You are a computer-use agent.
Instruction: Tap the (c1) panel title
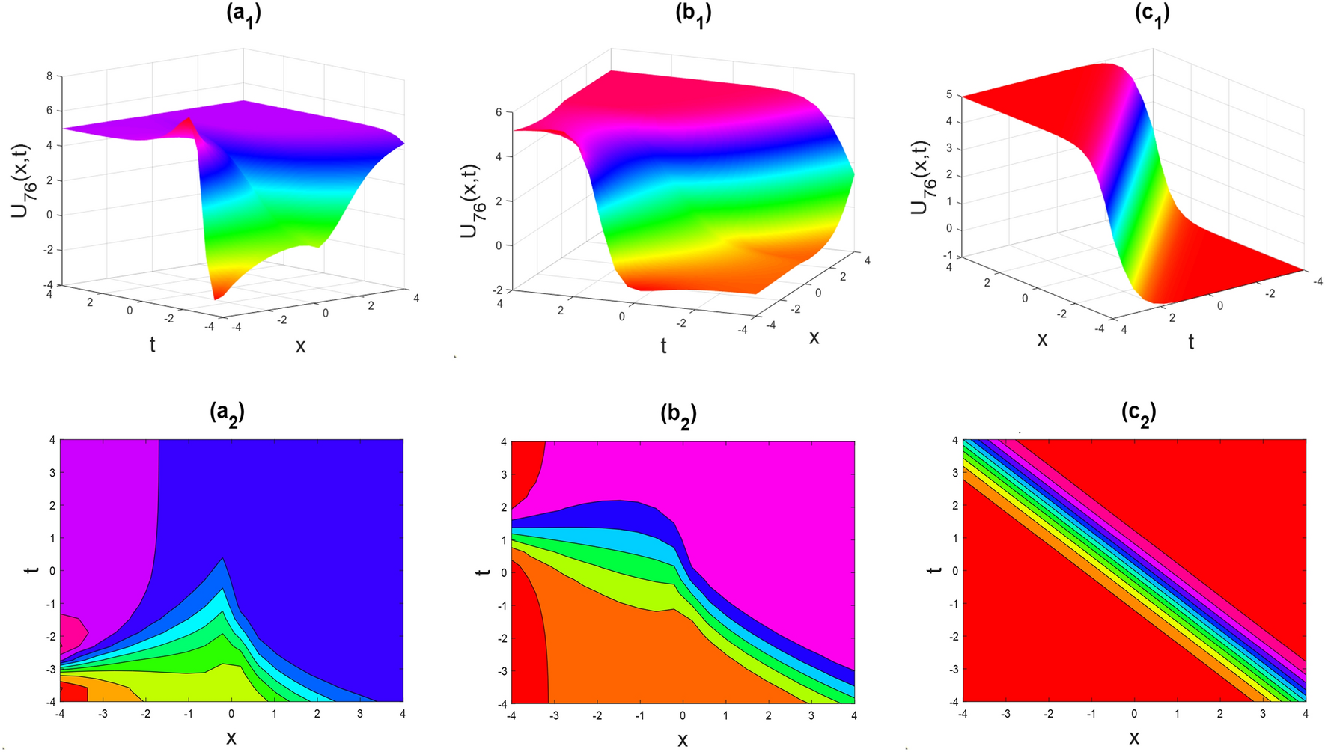1152,14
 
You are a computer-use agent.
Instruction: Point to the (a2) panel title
227,412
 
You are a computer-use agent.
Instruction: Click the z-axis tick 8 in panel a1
49,76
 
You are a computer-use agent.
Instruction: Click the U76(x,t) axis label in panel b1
473,200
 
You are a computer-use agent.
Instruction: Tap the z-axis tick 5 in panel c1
948,95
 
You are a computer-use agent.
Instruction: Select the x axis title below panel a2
231,737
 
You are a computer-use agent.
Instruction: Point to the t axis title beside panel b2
484,572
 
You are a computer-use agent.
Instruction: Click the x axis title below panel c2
1134,737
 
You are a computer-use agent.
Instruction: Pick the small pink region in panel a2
72,632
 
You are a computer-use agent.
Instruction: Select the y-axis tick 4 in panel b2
504,442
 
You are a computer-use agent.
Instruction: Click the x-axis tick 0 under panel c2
1134,714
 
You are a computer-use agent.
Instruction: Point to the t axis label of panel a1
153,344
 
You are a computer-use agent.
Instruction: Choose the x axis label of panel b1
814,337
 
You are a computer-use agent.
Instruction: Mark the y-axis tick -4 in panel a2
49,701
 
